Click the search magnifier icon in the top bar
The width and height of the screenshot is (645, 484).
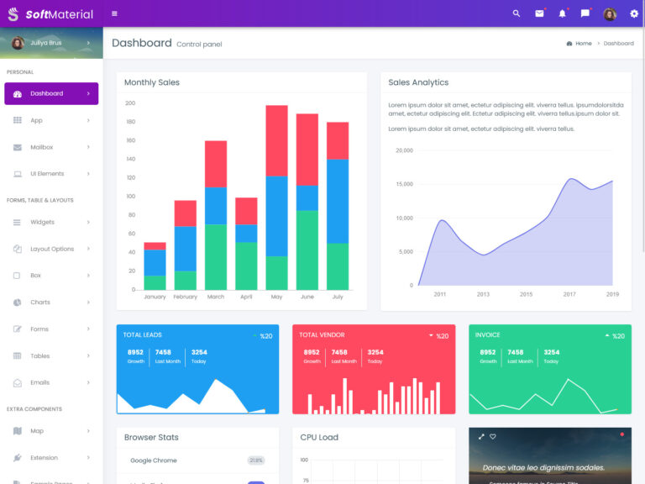pyautogui.click(x=517, y=13)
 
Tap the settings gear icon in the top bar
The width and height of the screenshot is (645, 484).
pyautogui.click(x=634, y=13)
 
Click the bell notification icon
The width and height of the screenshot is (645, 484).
pyautogui.click(x=562, y=13)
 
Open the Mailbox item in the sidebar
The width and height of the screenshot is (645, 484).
pyautogui.click(x=41, y=147)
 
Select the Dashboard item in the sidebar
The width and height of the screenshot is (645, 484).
pyautogui.click(x=46, y=93)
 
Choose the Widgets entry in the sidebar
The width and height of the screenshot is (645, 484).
pyautogui.click(x=42, y=222)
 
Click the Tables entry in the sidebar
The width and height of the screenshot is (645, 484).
pyautogui.click(x=39, y=355)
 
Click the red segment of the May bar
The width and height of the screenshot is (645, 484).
pyautogui.click(x=276, y=140)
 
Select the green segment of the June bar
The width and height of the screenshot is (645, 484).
pyautogui.click(x=307, y=250)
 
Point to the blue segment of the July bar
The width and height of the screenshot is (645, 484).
pyautogui.click(x=338, y=201)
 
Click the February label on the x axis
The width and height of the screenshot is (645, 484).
pyautogui.click(x=185, y=297)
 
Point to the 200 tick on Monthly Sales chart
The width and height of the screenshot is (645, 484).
pyautogui.click(x=130, y=103)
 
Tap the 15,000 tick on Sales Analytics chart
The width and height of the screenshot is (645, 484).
pyautogui.click(x=403, y=184)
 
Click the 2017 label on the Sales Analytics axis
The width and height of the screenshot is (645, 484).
pyautogui.click(x=569, y=294)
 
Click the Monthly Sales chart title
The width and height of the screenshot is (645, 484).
pyautogui.click(x=152, y=82)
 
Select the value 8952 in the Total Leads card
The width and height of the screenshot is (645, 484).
pyautogui.click(x=135, y=352)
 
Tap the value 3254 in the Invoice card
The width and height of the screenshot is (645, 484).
pyautogui.click(x=551, y=352)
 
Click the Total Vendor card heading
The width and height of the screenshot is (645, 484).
pyautogui.click(x=322, y=335)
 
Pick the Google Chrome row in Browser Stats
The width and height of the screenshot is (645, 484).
pyautogui.click(x=154, y=460)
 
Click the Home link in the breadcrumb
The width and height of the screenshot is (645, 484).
pyautogui.click(x=583, y=43)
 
